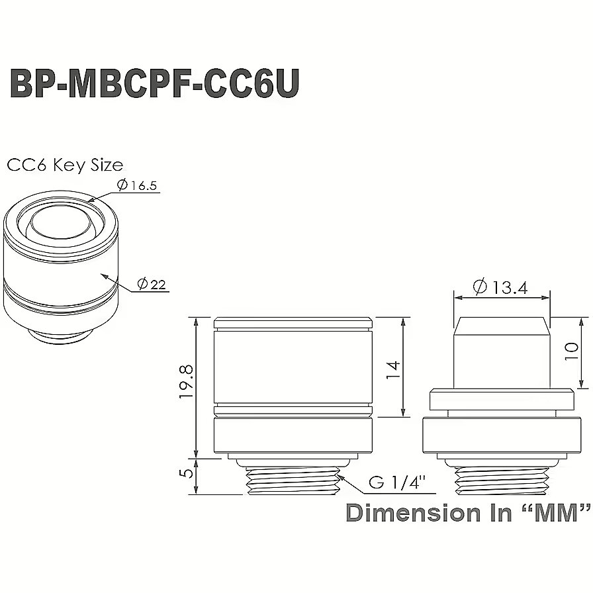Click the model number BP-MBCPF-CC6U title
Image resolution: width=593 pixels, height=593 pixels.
(x=154, y=83)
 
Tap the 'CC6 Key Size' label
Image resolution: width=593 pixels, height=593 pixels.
(x=65, y=165)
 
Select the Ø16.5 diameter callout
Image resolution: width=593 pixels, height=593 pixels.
(x=136, y=185)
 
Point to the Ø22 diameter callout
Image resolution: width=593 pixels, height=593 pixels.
(x=152, y=284)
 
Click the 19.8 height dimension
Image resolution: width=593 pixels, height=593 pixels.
(x=187, y=382)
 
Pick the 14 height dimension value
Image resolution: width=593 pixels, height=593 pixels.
(x=393, y=370)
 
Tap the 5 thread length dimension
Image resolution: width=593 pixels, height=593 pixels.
(x=187, y=473)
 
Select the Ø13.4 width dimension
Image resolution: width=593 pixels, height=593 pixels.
(x=500, y=287)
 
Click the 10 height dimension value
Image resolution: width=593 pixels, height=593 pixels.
(x=571, y=351)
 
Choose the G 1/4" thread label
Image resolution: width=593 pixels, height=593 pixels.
(x=397, y=482)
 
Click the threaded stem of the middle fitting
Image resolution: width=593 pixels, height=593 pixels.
(x=293, y=480)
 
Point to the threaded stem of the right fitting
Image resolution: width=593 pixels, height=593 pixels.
(x=502, y=480)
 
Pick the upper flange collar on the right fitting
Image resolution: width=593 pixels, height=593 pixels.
(x=502, y=399)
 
